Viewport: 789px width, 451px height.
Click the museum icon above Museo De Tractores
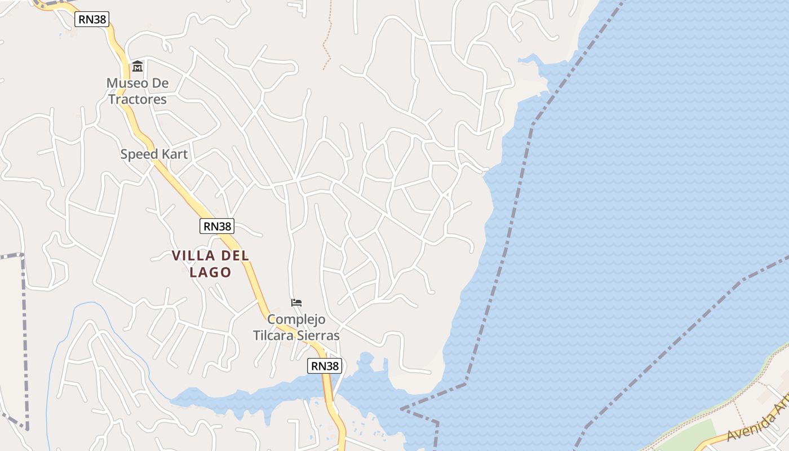pyautogui.click(x=138, y=67)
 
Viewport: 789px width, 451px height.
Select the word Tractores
pyautogui.click(x=138, y=99)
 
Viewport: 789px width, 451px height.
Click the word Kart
pyautogui.click(x=174, y=154)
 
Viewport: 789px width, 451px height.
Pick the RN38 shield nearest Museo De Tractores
pyautogui.click(x=92, y=20)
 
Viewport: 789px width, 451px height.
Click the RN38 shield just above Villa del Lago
pyautogui.click(x=217, y=226)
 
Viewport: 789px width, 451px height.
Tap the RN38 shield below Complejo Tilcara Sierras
pyautogui.click(x=325, y=366)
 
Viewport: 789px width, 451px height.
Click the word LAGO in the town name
pyautogui.click(x=210, y=272)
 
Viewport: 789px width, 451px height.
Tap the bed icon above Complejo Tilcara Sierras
pyautogui.click(x=296, y=303)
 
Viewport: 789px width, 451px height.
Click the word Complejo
pyautogui.click(x=296, y=319)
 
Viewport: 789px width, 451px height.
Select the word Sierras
pyautogui.click(x=320, y=335)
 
